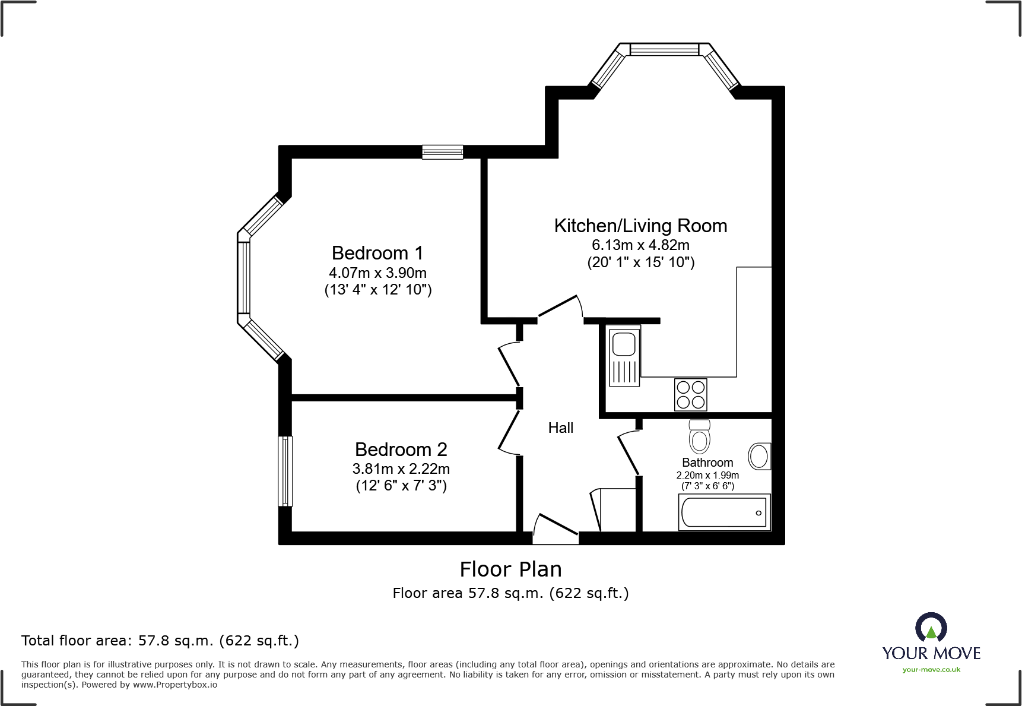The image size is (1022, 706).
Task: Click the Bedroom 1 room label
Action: [377, 254]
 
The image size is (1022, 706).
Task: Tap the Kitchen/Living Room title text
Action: [640, 226]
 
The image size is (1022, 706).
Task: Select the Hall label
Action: [560, 428]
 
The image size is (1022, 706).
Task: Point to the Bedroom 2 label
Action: [401, 449]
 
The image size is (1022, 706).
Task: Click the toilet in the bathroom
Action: [700, 437]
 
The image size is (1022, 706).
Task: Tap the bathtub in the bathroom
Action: [724, 512]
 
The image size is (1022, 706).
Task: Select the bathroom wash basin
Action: [759, 457]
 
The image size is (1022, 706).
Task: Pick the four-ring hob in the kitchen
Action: [691, 395]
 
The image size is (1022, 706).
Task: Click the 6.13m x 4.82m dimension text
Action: [640, 245]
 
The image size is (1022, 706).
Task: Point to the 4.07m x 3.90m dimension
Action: [377, 273]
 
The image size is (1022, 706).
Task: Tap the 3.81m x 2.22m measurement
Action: [401, 469]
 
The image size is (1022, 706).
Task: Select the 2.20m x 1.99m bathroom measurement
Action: [707, 475]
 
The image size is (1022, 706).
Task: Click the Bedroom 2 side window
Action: [285, 471]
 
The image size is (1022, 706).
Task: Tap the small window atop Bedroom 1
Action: [443, 152]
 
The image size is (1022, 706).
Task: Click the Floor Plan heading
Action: [510, 569]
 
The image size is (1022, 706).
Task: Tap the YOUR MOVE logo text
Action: [931, 653]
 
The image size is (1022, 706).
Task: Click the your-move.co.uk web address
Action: [931, 670]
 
